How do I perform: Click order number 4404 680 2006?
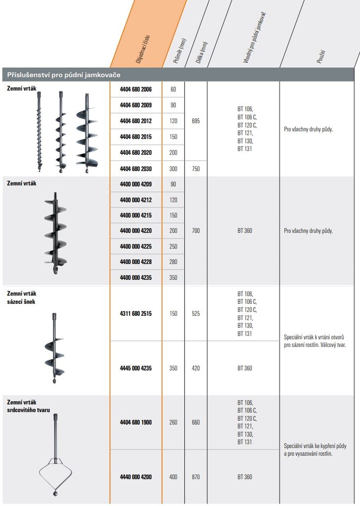click(135, 89)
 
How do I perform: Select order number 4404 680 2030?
click(135, 169)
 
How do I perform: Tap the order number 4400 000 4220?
click(135, 230)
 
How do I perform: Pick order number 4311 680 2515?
click(135, 313)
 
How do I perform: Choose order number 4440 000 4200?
click(135, 477)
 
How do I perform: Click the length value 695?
click(196, 121)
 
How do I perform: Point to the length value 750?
click(196, 169)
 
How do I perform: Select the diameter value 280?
click(173, 262)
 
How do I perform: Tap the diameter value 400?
click(173, 477)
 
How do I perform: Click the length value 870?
click(196, 477)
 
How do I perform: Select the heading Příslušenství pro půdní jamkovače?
click(64, 75)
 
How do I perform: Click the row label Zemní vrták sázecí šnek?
click(21, 297)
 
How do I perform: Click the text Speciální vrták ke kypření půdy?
click(315, 446)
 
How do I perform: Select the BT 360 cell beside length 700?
click(243, 230)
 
